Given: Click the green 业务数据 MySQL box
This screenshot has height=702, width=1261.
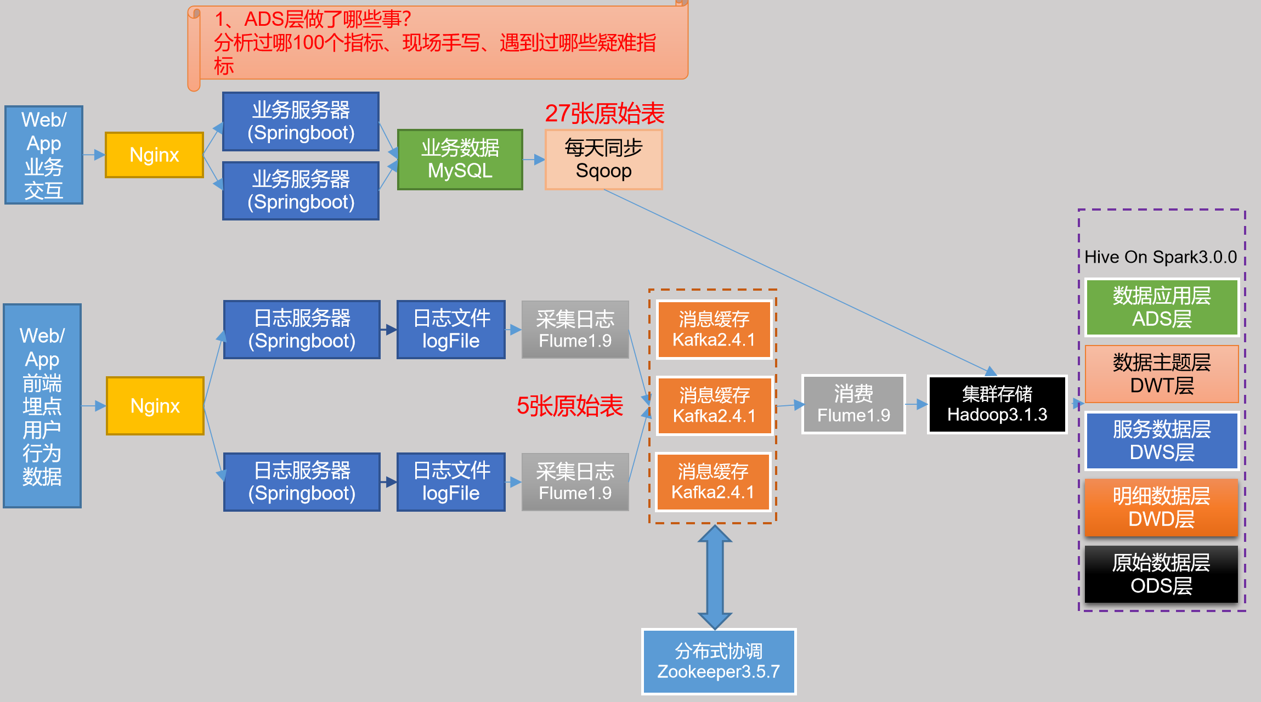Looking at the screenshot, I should coord(460,160).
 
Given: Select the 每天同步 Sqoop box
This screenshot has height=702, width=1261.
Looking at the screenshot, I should coord(603,160).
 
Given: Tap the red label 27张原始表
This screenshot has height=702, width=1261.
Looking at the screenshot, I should coord(604,114).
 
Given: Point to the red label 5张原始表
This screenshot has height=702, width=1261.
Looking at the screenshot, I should coord(569,406).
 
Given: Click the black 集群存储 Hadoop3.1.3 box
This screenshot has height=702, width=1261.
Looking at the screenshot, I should coord(997,405).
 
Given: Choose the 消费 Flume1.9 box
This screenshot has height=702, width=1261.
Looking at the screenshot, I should coord(853,405).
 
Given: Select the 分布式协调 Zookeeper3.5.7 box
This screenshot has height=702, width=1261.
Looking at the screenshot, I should coord(719,661).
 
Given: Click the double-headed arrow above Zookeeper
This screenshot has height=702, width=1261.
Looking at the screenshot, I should coord(715,577).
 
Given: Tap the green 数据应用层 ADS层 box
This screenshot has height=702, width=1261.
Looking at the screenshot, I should coord(1162,307).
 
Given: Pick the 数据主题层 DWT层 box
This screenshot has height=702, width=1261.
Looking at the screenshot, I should coord(1162,374).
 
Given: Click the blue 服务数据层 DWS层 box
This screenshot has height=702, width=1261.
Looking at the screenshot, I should coord(1162,441).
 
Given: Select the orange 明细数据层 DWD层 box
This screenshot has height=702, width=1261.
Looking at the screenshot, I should coord(1162,508).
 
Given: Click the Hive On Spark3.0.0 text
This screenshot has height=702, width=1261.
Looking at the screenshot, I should coord(1161,257).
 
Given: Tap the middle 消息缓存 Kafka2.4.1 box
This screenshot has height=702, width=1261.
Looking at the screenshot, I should coord(714,406).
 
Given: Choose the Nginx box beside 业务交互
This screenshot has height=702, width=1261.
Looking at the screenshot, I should coord(154,155).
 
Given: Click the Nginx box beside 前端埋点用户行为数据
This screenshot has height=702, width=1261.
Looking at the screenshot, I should coord(155,406).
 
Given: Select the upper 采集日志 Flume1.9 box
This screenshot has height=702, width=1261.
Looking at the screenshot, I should coord(575,330).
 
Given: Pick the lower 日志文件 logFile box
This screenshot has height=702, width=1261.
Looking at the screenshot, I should coord(451,482).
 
